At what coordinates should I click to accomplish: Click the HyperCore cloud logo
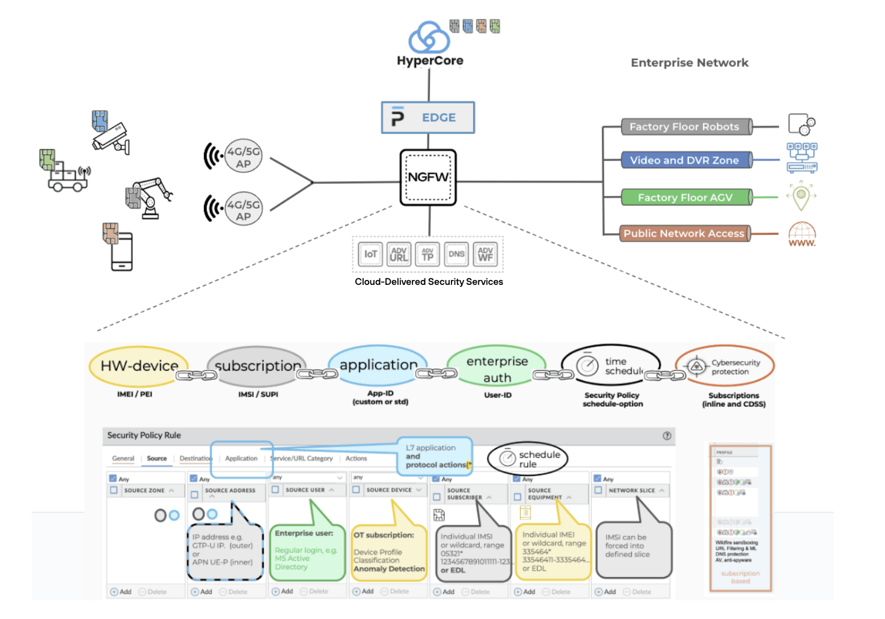click(x=429, y=37)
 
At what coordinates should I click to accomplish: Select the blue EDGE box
click(x=428, y=117)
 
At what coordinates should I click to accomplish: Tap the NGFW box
click(x=428, y=177)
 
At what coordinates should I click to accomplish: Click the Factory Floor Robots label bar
click(x=684, y=127)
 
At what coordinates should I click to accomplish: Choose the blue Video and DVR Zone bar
click(x=684, y=160)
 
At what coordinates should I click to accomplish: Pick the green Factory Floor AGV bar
click(x=685, y=197)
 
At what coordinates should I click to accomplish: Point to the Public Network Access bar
click(x=684, y=233)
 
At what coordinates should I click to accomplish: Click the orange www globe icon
click(x=802, y=234)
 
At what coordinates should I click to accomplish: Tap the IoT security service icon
click(x=370, y=254)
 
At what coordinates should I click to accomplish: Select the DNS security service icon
click(x=456, y=254)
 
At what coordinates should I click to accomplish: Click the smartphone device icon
click(x=121, y=251)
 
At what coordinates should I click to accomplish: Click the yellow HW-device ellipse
click(x=139, y=366)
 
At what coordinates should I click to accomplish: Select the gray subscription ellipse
click(x=257, y=366)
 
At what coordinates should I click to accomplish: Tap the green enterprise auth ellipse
click(x=497, y=368)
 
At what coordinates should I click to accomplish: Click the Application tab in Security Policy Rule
click(x=241, y=459)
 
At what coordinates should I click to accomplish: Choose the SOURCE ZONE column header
click(x=144, y=490)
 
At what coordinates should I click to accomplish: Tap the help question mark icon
click(x=667, y=436)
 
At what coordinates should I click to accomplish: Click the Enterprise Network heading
click(x=690, y=63)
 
